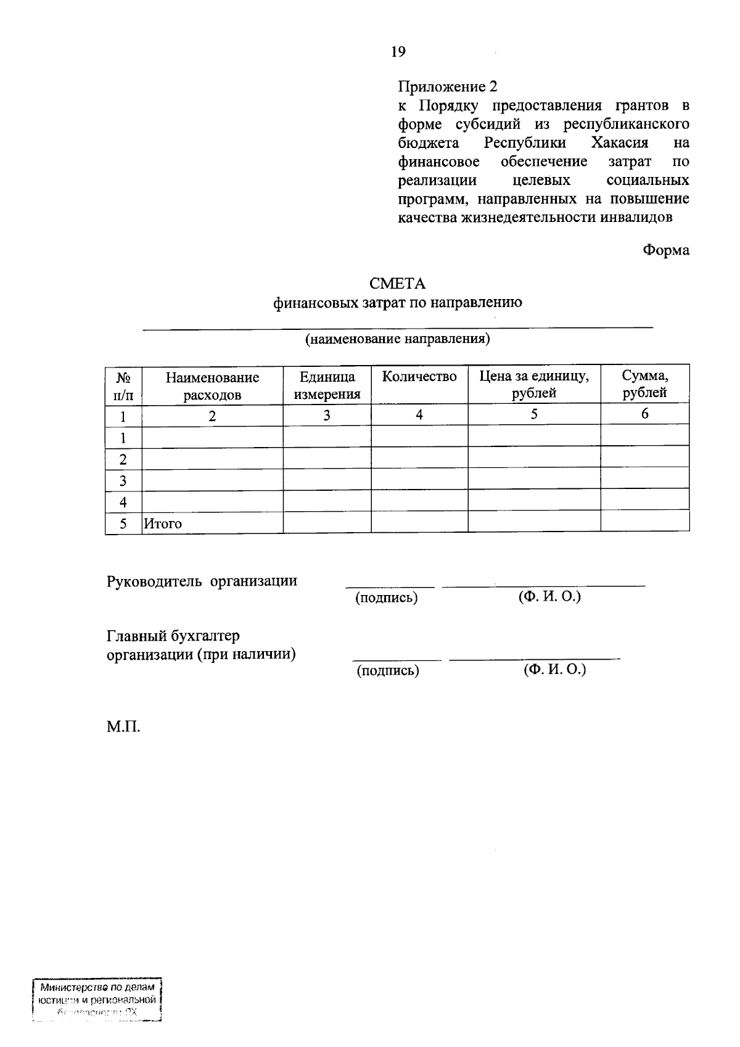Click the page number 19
(398, 52)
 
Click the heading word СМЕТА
(397, 284)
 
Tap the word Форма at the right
(665, 250)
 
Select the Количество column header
(419, 377)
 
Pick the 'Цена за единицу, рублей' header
(534, 384)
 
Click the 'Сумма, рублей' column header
(644, 384)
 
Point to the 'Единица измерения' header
(327, 385)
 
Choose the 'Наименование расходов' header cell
(212, 386)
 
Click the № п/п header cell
(123, 385)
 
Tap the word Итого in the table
(163, 523)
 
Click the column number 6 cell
(644, 414)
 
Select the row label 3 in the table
(123, 480)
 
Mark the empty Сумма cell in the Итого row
(644, 521)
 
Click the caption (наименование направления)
(398, 339)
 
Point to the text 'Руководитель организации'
(202, 581)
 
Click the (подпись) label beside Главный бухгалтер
(388, 671)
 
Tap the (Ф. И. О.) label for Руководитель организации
(549, 596)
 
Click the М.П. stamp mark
(123, 727)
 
